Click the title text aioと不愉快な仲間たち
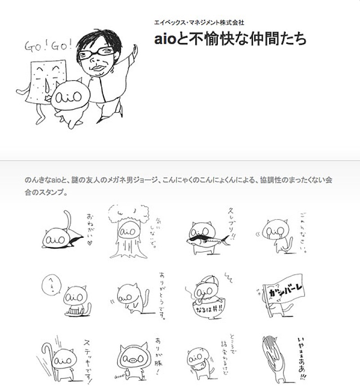pos(230,39)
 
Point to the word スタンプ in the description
pos(54,192)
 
